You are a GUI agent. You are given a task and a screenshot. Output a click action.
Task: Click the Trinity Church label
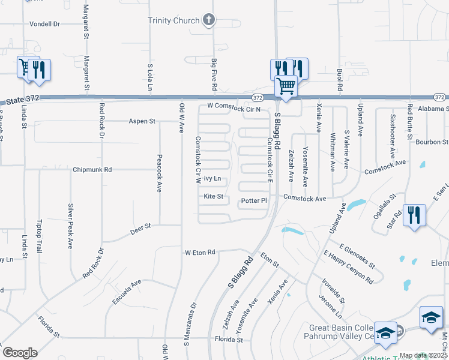[x=173, y=20]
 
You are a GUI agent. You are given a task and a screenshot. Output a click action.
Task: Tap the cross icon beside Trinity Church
[x=209, y=20]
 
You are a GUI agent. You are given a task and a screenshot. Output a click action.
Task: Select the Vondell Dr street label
[x=45, y=24]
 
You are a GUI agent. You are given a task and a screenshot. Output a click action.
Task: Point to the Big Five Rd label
[x=214, y=74]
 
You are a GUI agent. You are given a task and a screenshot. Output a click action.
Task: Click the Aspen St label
[x=142, y=121]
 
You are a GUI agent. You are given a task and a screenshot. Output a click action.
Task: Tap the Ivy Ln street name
[x=212, y=179]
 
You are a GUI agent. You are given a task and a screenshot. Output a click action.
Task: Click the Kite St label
[x=213, y=196]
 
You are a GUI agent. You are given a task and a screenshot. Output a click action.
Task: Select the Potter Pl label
[x=253, y=200]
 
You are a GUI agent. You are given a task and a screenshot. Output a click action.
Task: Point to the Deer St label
[x=142, y=228]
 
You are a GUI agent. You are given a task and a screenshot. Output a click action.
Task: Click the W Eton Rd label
[x=200, y=253]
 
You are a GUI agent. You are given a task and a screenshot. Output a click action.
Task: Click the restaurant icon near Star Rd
[x=414, y=215]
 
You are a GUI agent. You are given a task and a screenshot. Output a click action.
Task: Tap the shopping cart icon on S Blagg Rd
[x=286, y=86]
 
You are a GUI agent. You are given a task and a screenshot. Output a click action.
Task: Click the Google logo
[x=20, y=352]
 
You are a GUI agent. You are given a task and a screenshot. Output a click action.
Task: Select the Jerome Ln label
[x=330, y=305]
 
